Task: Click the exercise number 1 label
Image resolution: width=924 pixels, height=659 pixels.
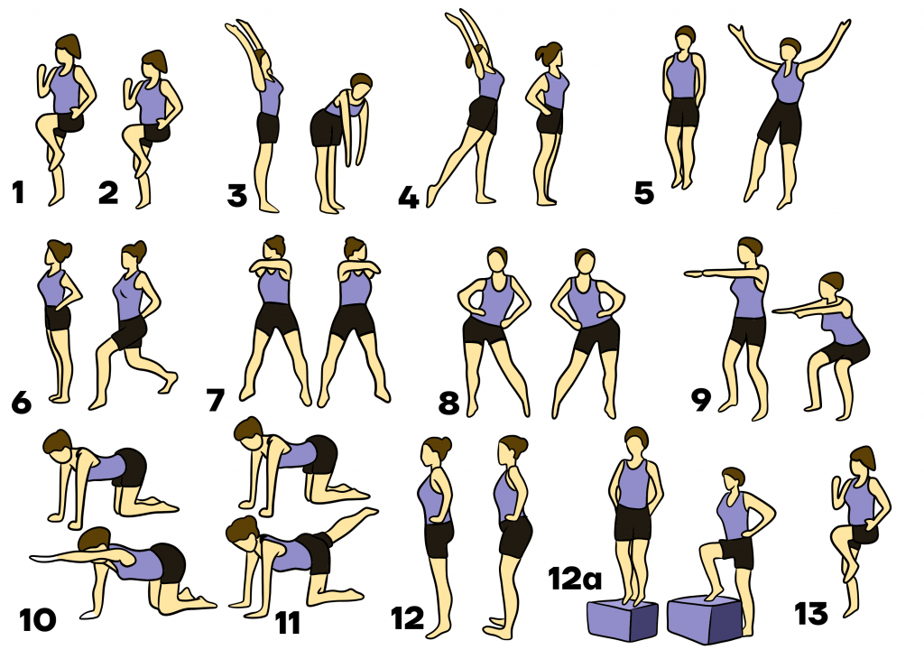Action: (18, 193)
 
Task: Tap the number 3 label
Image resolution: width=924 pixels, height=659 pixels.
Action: (237, 196)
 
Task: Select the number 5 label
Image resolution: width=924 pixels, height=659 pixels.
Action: (644, 193)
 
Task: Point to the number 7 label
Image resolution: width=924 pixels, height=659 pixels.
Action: (215, 400)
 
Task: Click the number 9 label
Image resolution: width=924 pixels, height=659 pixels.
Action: (701, 400)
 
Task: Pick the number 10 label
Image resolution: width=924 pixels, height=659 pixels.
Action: (38, 620)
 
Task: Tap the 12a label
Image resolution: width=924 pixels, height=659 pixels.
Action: (575, 579)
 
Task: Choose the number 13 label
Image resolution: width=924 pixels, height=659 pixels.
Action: (811, 614)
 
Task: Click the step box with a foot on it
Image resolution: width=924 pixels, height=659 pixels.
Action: (704, 619)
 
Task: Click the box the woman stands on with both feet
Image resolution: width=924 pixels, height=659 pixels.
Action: (623, 620)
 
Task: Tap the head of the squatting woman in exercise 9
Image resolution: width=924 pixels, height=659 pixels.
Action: (831, 285)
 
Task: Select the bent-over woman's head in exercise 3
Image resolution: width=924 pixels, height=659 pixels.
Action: (360, 88)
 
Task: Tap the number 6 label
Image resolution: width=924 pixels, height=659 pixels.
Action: (22, 403)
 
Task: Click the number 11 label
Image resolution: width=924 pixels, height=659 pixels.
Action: (288, 623)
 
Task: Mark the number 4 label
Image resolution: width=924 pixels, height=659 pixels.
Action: (409, 198)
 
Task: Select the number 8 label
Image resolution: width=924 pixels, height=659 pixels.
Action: (448, 404)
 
